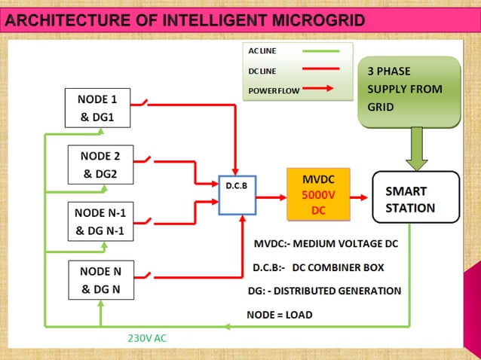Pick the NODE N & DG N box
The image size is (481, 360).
100,279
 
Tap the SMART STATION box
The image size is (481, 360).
415,197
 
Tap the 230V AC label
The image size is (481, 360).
146,338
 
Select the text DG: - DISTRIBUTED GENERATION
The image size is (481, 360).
324,290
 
